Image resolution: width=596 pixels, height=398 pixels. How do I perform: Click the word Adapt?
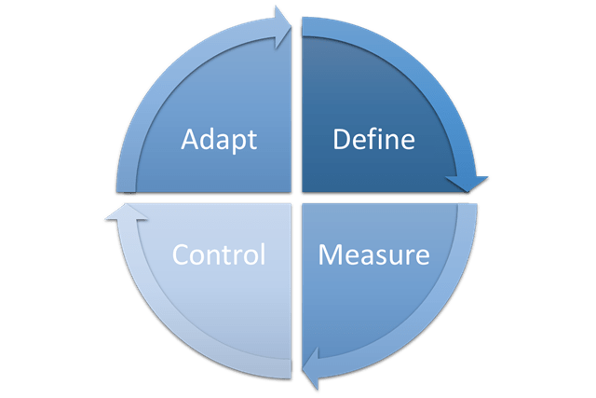(220, 141)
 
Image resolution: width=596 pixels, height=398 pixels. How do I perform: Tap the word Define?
(373, 141)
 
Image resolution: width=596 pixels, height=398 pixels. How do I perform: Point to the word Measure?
(373, 254)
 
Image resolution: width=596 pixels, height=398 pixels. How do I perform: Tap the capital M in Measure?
(330, 254)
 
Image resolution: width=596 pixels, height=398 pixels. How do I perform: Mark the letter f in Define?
(376, 140)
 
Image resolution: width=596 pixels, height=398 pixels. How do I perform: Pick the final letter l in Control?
(264, 253)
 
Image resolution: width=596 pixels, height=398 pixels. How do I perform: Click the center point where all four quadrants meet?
(295, 199)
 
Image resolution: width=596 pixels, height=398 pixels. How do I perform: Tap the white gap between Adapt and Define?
(295, 112)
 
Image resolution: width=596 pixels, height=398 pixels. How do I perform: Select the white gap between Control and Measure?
(295, 280)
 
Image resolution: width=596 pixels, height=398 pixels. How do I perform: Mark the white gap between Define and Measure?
(382, 199)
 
